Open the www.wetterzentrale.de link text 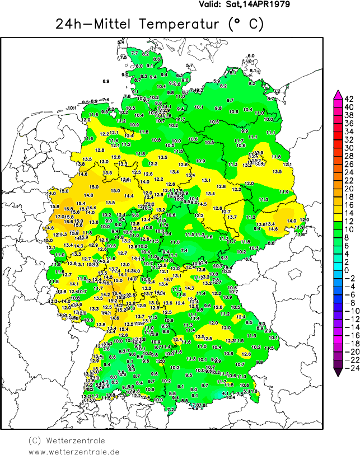74,451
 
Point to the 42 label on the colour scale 348,99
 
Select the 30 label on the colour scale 348,148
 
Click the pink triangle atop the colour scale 338,95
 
